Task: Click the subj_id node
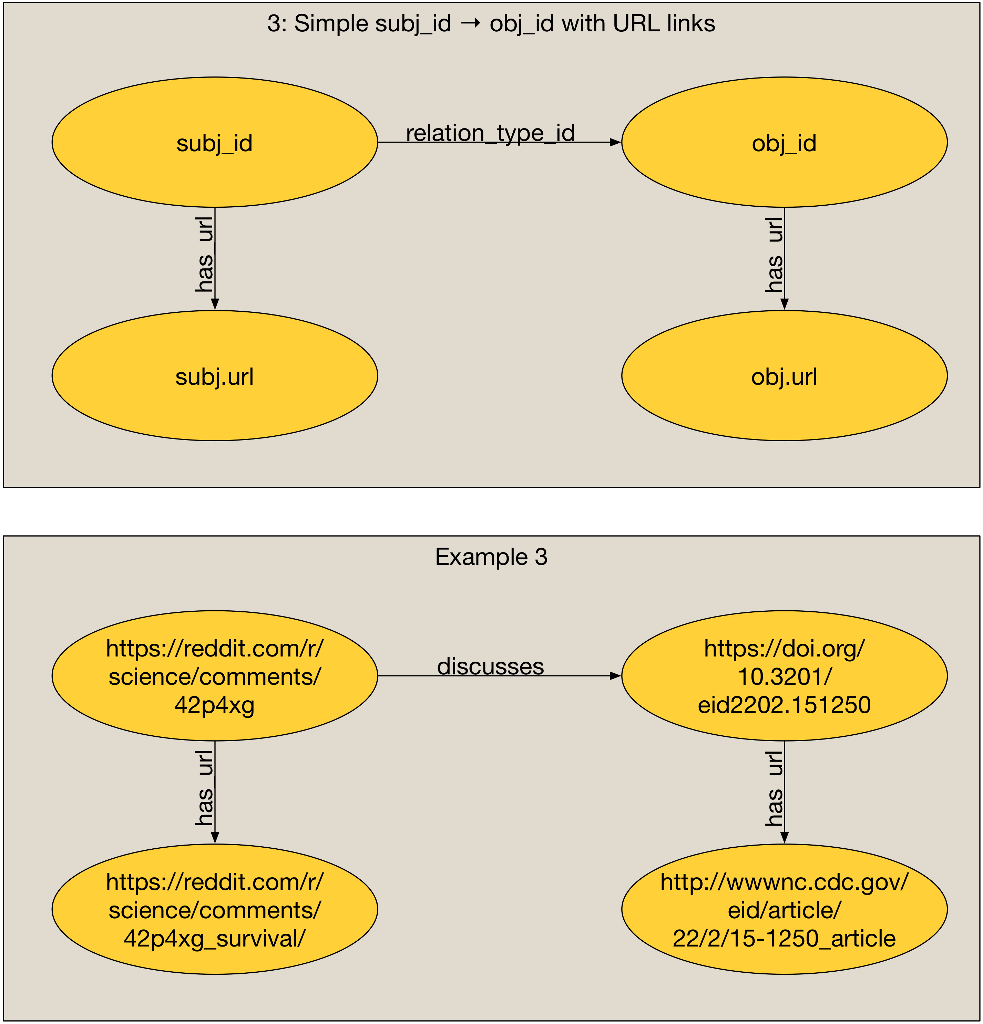click(214, 142)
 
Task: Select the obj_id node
click(784, 142)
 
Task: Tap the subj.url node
click(214, 376)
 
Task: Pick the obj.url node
click(784, 376)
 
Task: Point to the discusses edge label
click(490, 666)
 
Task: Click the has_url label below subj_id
click(204, 255)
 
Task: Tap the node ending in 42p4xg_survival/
click(214, 910)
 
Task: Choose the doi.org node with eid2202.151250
click(784, 676)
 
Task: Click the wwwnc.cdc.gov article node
click(784, 910)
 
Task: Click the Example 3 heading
click(491, 557)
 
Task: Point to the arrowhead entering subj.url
click(215, 304)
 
